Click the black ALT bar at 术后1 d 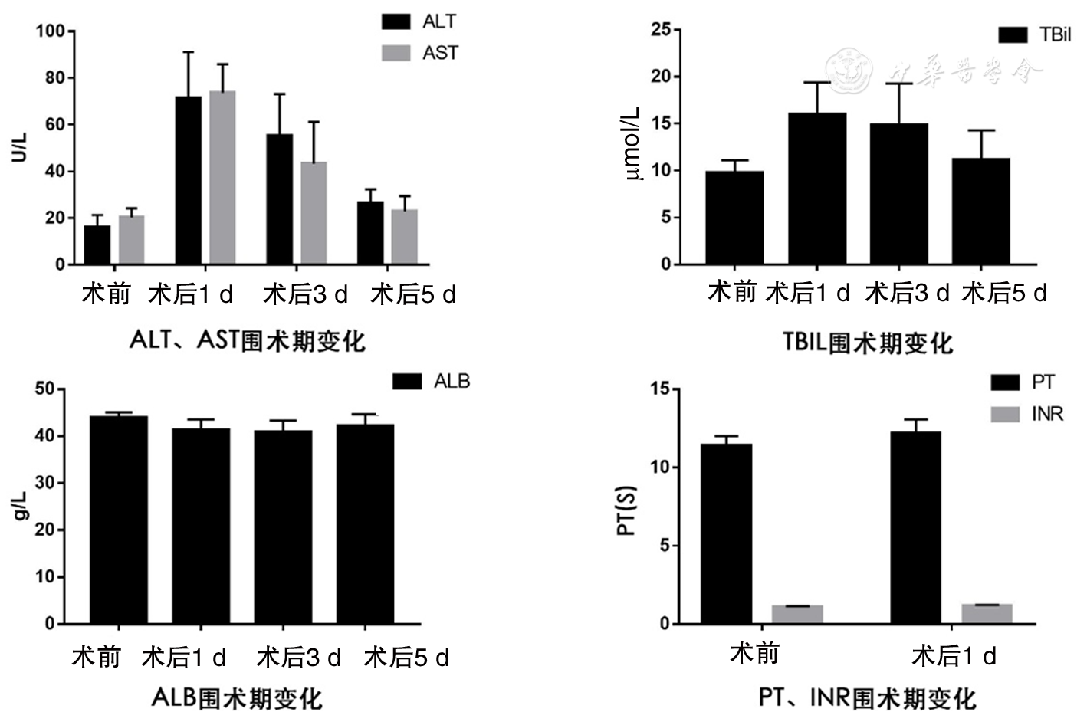[189, 180]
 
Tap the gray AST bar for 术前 [131, 240]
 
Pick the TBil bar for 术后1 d [817, 189]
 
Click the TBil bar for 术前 [734, 218]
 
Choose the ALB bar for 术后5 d [365, 524]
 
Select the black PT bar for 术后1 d [915, 528]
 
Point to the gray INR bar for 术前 [797, 615]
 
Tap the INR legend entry [1026, 414]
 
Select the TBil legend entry [1034, 34]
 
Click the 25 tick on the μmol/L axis [661, 30]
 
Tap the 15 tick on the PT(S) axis [660, 389]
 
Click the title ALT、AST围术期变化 [248, 340]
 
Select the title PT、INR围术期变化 [867, 697]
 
